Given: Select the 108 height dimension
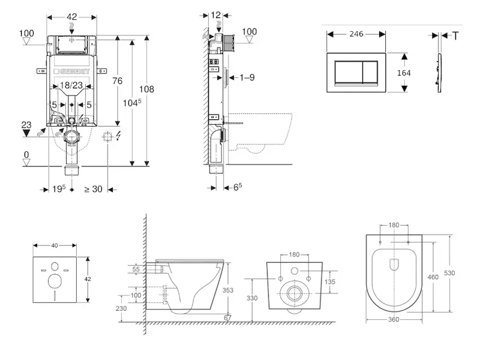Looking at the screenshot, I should pos(147,89).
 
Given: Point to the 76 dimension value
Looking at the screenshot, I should pos(117,81).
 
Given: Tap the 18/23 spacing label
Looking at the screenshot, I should pos(71,86).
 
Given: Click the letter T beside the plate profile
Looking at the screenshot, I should pos(455,36).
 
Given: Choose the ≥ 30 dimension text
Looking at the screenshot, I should pos(94,190).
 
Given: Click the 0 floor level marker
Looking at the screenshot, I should pos(26,155).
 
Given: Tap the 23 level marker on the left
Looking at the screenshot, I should pos(26,125).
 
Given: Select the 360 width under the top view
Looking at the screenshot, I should pos(393,319).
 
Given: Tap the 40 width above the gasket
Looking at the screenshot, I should pos(55,245).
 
